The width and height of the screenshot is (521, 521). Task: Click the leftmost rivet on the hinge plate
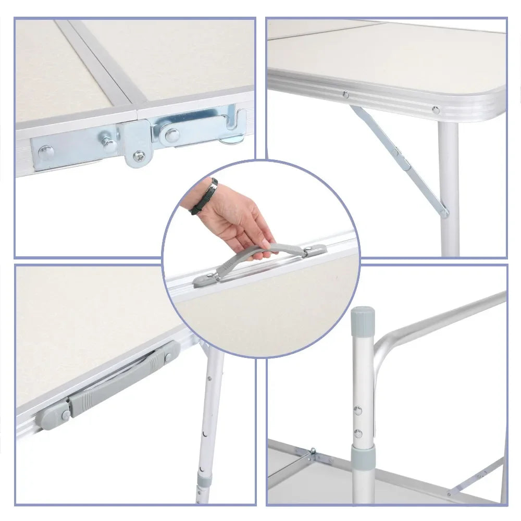click(x=46, y=152)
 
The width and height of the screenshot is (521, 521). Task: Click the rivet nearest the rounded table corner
click(x=435, y=109)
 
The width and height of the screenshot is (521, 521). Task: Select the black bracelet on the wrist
click(x=204, y=196)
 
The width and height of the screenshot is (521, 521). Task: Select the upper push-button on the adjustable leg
click(x=358, y=410)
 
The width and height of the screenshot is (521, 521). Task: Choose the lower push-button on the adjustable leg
click(x=358, y=433)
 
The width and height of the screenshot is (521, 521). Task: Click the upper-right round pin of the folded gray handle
click(x=168, y=357)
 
